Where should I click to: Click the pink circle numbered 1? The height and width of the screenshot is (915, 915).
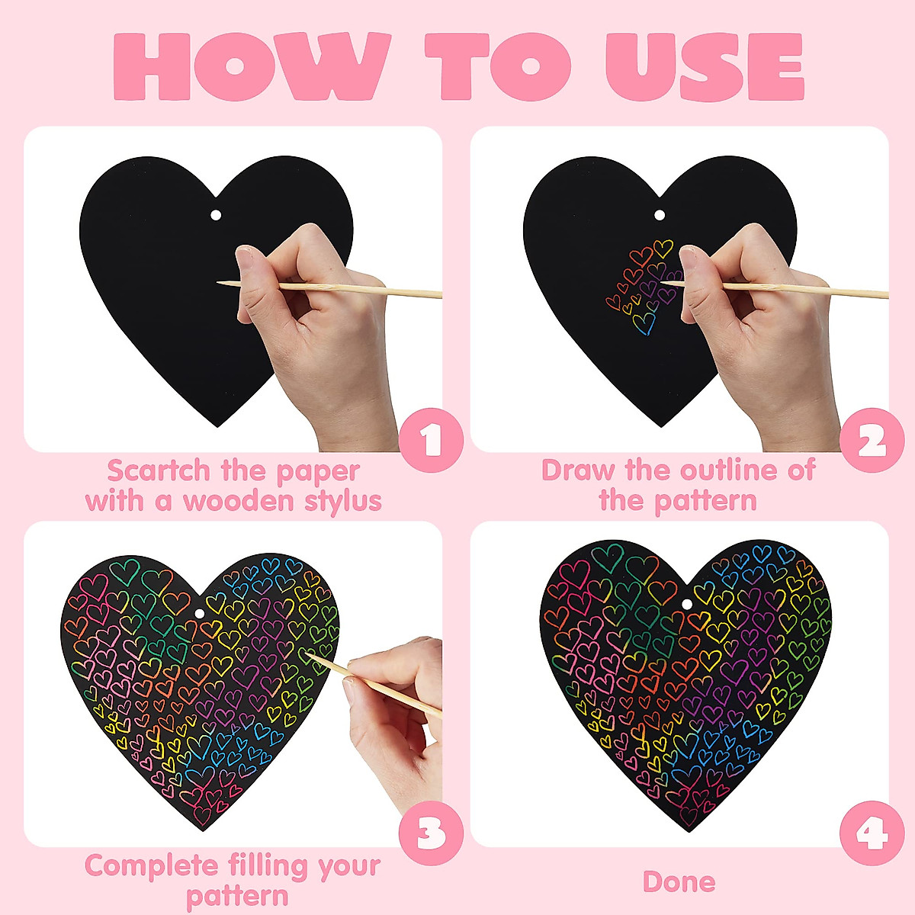(432, 440)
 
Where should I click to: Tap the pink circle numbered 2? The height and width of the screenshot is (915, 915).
(872, 440)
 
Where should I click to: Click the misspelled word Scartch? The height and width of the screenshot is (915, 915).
(159, 471)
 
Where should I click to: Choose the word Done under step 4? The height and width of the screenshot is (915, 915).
(679, 882)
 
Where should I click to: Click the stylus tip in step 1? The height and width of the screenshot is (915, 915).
(219, 283)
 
